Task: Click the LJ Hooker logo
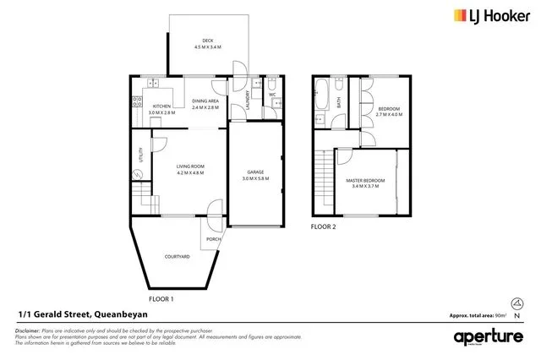(495, 15)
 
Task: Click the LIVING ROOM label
(190, 169)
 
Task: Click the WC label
(273, 95)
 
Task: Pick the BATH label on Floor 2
(338, 102)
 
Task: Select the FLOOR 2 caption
(323, 227)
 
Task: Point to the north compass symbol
(516, 305)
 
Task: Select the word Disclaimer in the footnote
(28, 330)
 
